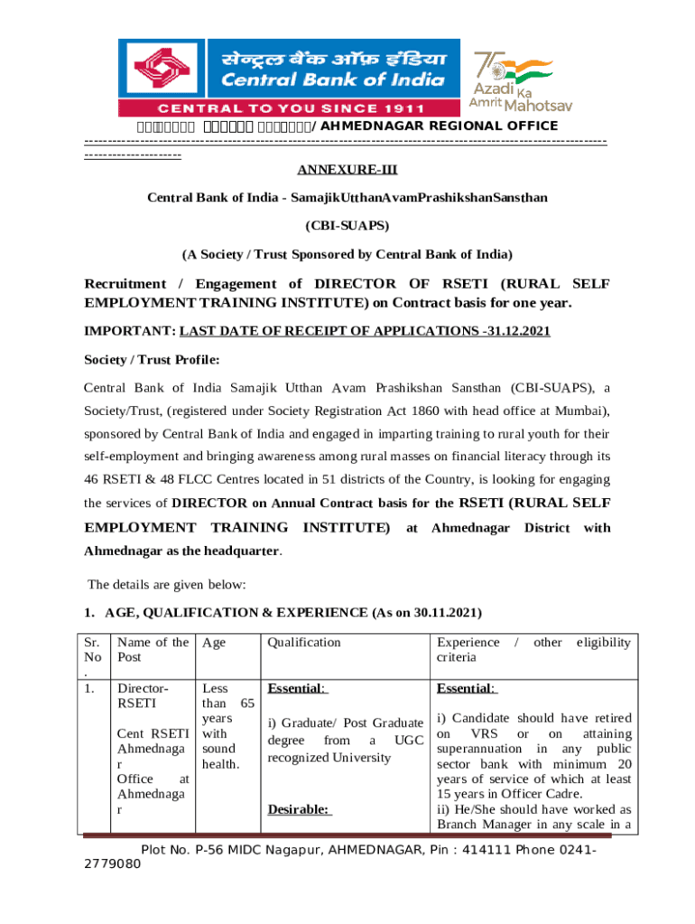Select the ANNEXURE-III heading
tap(347, 170)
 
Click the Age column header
tap(215, 642)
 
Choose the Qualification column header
tap(304, 642)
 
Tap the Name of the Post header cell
tap(153, 650)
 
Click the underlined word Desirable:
tap(300, 809)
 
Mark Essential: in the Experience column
tap(467, 688)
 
